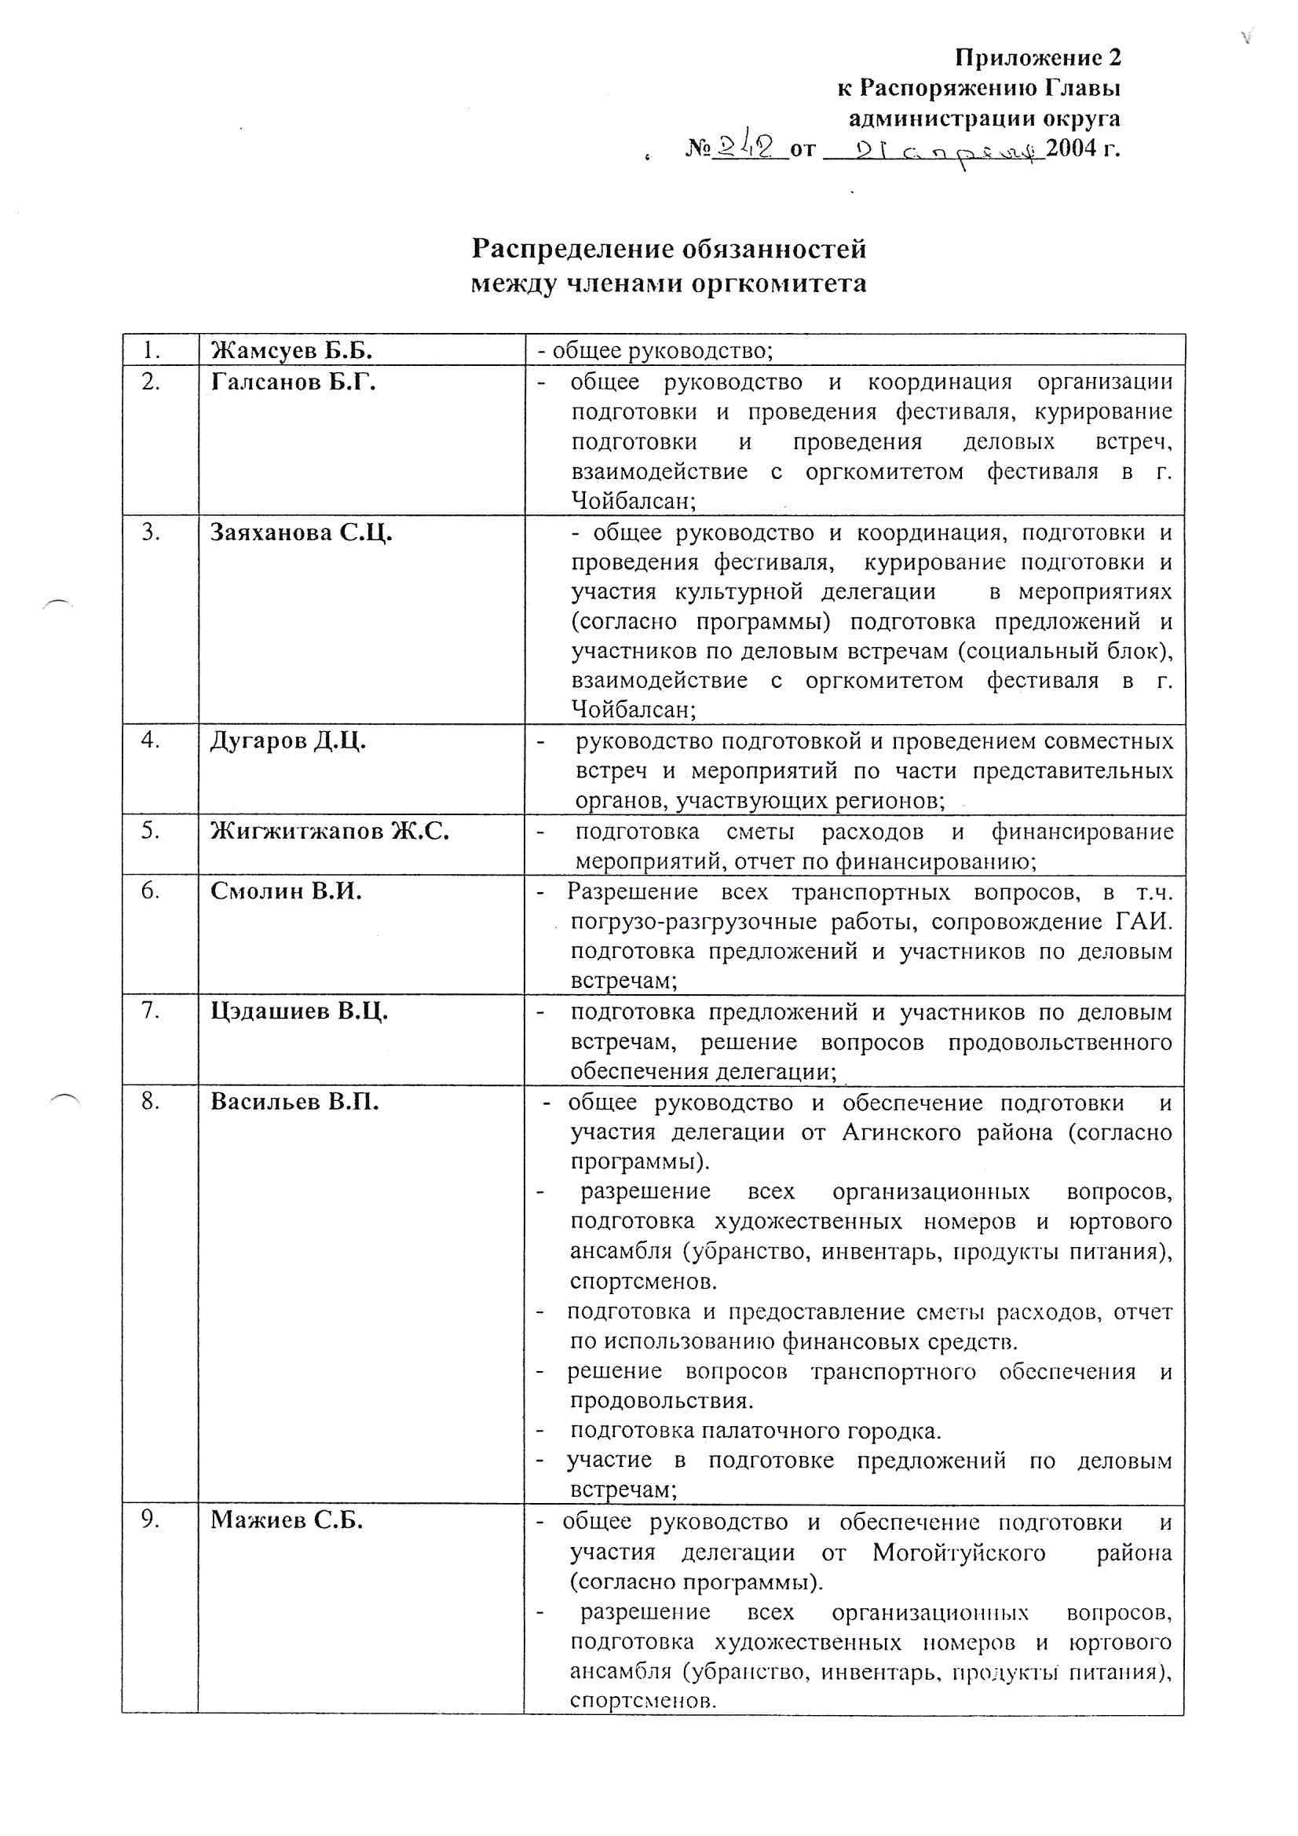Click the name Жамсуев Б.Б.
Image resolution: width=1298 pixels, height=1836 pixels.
pyautogui.click(x=291, y=351)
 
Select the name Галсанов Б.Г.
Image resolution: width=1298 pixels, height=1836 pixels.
pyautogui.click(x=293, y=382)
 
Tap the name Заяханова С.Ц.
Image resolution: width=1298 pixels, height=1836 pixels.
pyautogui.click(x=301, y=532)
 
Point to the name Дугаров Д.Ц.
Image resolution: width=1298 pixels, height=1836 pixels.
pyautogui.click(x=288, y=741)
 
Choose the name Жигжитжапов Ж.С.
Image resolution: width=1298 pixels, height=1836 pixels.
pyautogui.click(x=330, y=832)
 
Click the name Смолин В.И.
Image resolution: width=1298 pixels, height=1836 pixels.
pyautogui.click(x=286, y=891)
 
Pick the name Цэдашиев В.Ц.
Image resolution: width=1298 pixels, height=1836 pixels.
pyautogui.click(x=299, y=1011)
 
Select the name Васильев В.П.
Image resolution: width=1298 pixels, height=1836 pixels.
pyautogui.click(x=294, y=1102)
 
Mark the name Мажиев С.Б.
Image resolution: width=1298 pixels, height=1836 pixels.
pyautogui.click(x=287, y=1520)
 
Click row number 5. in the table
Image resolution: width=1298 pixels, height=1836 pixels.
pyautogui.click(x=151, y=831)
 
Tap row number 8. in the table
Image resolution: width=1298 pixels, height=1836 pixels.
pyautogui.click(x=151, y=1102)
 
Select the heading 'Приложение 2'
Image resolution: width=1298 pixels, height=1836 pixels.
pyautogui.click(x=1038, y=57)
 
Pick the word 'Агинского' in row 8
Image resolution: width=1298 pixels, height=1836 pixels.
pyautogui.click(x=901, y=1133)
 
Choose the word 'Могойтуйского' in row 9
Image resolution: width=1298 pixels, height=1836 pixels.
pyautogui.click(x=959, y=1553)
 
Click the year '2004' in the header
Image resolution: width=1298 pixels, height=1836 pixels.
pyautogui.click(x=1072, y=148)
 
